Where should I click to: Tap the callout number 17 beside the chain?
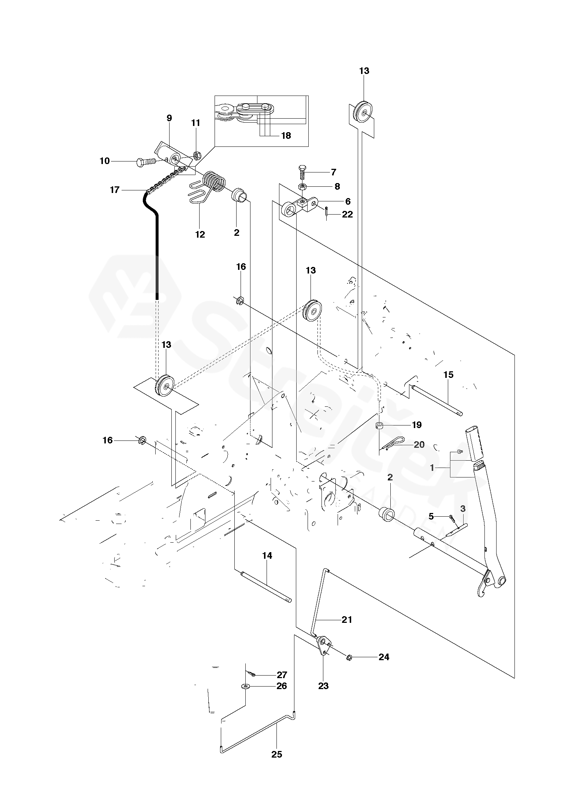[115, 190]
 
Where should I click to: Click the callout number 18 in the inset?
[286, 135]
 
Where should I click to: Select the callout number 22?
[347, 214]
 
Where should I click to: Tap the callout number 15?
[448, 375]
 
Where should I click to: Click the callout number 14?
[267, 555]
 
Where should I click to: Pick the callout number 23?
[323, 686]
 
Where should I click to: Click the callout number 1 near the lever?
[432, 468]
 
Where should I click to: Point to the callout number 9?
[169, 118]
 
